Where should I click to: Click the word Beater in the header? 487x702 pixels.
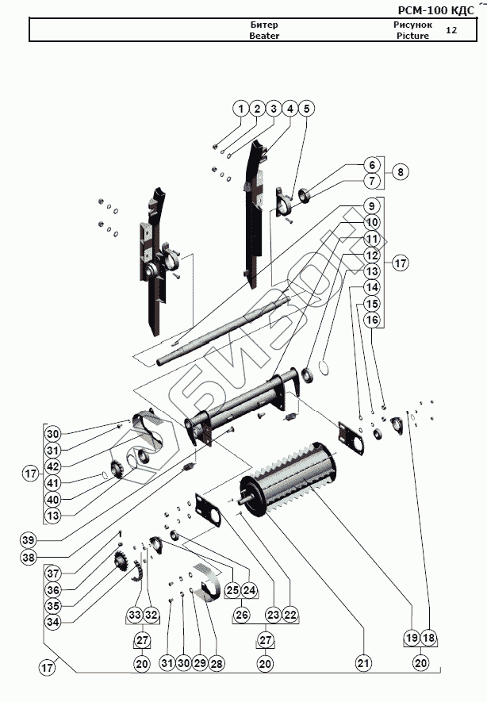263,36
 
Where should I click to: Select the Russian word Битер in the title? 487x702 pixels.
263,25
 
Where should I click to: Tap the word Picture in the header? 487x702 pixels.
412,36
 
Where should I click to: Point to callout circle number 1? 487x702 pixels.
240,108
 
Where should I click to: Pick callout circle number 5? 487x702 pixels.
307,108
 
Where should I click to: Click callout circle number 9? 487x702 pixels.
371,205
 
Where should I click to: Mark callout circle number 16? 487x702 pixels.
371,319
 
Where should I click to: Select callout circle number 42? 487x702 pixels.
52,466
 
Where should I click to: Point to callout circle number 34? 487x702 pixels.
52,622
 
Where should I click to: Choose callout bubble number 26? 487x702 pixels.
242,614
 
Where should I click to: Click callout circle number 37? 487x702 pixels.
52,573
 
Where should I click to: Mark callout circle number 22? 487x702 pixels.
291,614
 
